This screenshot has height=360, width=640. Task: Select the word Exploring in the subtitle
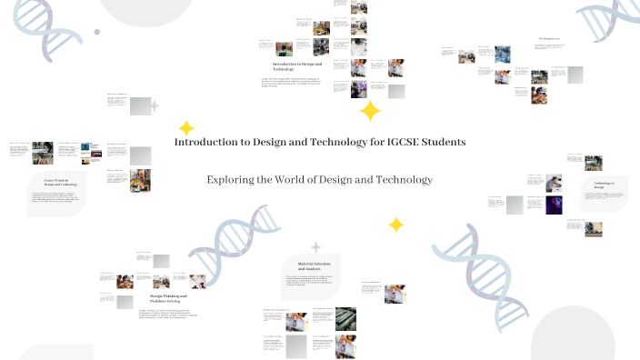(x=231, y=179)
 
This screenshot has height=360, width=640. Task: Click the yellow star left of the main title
(x=186, y=128)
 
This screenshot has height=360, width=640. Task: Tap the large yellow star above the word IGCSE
(x=370, y=111)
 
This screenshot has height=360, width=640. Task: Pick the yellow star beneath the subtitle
(x=395, y=225)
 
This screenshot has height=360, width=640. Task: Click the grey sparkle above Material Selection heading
(x=315, y=246)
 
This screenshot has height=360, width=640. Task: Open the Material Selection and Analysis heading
(x=310, y=266)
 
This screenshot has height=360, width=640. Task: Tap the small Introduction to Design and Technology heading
(x=295, y=66)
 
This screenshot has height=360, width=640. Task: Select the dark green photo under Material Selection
(x=345, y=318)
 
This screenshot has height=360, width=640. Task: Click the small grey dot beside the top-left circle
(x=97, y=31)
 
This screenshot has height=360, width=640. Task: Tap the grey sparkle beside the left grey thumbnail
(x=155, y=106)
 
